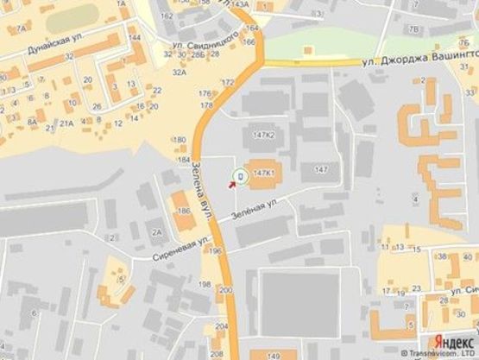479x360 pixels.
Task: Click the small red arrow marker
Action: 230,182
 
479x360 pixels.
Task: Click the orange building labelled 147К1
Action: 264,173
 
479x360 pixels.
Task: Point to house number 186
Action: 183,211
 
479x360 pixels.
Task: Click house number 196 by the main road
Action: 216,251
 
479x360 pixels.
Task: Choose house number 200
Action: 225,291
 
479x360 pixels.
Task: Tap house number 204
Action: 222,326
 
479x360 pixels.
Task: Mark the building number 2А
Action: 157,231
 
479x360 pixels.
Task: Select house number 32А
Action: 180,73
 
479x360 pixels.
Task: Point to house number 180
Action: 180,140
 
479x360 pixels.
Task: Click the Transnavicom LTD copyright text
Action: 440,354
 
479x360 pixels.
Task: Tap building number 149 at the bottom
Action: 274,355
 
